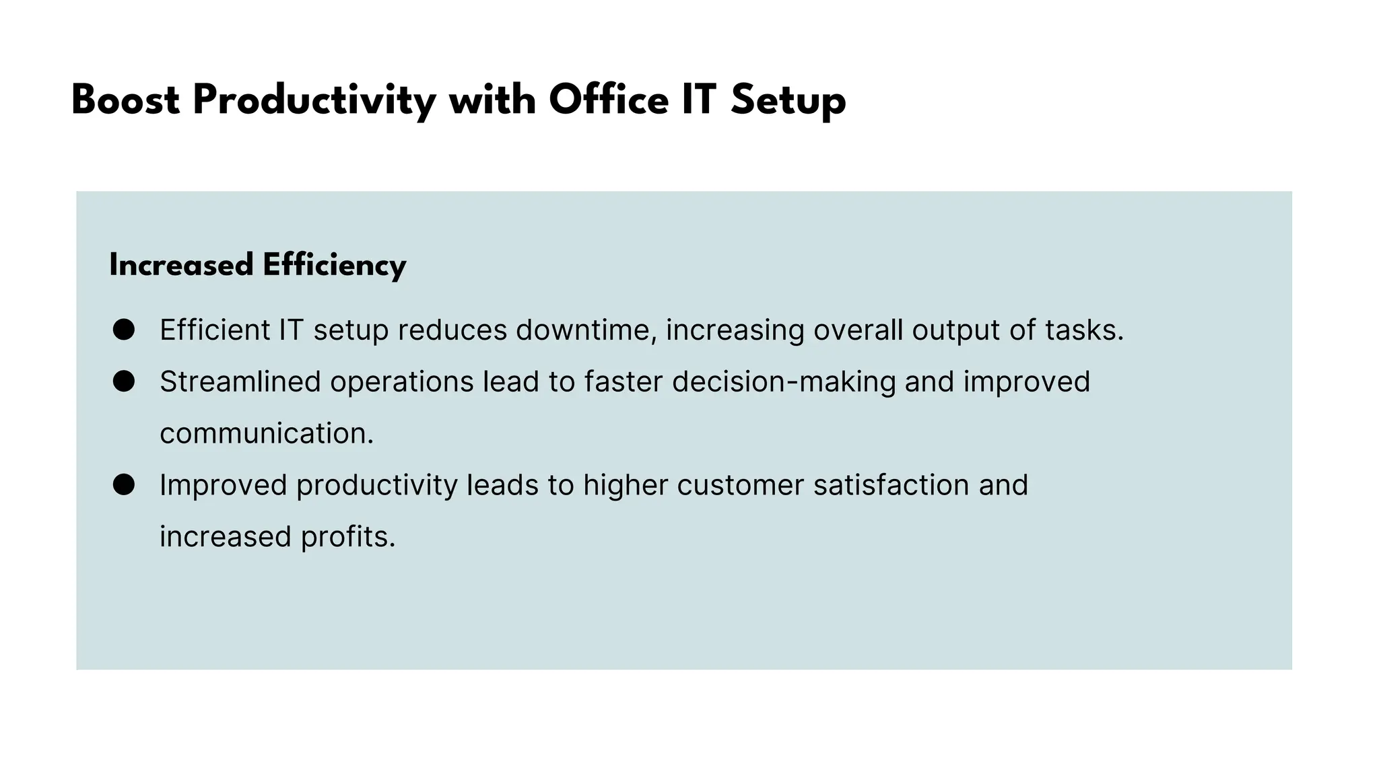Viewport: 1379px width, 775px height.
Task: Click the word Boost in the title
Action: click(125, 101)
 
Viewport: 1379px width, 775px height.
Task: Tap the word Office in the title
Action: click(609, 101)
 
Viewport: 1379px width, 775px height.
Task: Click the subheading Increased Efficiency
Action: click(258, 265)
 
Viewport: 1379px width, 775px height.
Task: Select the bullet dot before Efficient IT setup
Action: click(124, 330)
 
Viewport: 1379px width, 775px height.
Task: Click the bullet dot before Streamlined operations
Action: click(124, 381)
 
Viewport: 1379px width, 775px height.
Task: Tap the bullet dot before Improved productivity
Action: click(124, 484)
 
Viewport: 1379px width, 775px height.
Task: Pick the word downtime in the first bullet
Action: click(586, 330)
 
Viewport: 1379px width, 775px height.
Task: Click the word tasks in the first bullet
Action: click(1084, 330)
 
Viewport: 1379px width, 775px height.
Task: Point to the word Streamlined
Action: click(240, 381)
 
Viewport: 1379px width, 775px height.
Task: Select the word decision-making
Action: click(784, 382)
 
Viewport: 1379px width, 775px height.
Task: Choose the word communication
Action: click(266, 433)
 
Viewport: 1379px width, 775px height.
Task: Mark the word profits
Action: click(347, 537)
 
